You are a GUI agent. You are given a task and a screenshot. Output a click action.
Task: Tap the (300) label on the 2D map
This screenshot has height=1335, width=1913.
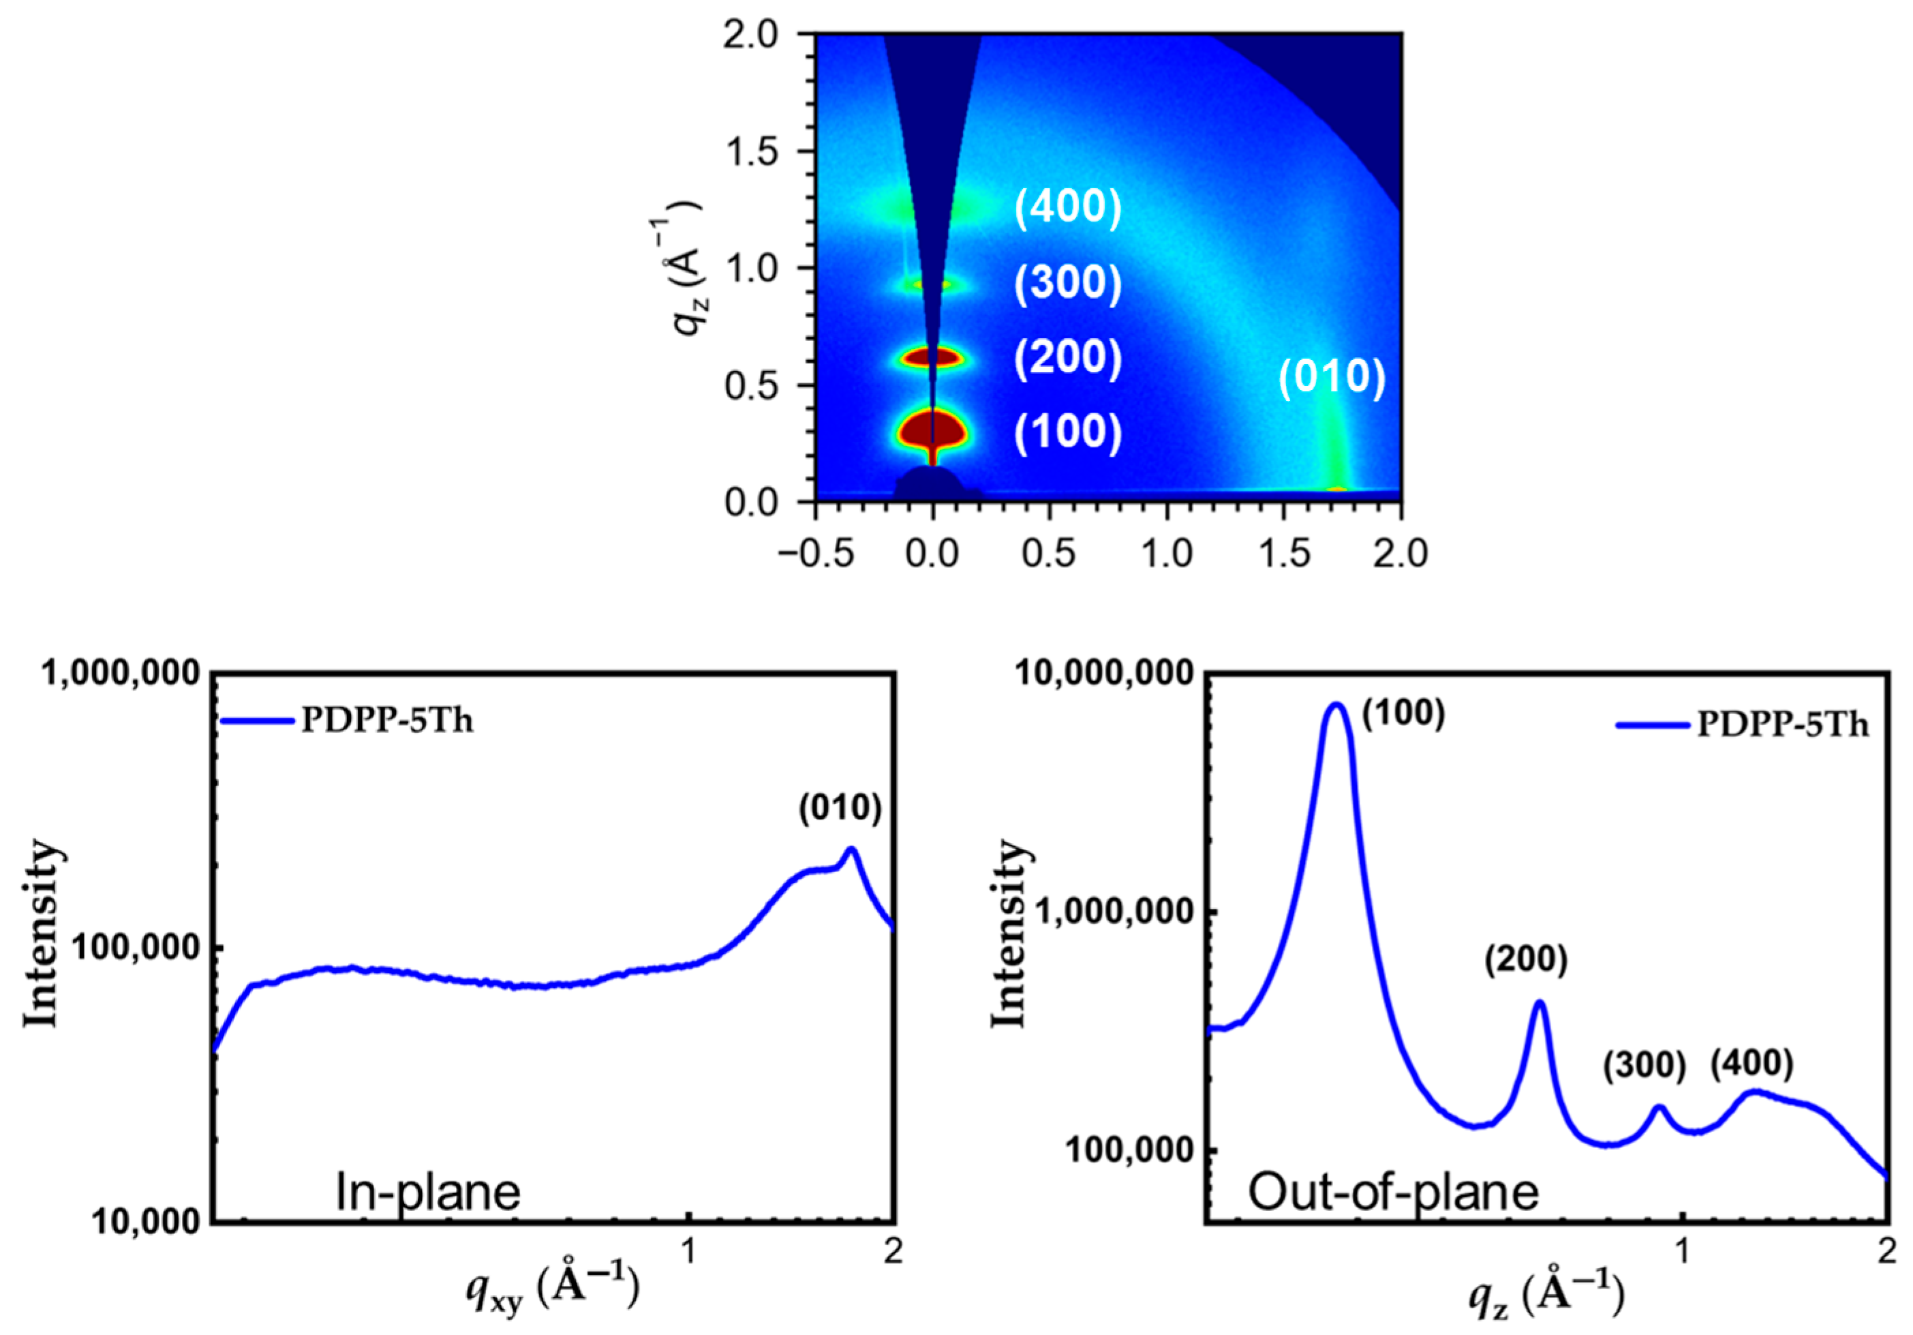pyautogui.click(x=1067, y=284)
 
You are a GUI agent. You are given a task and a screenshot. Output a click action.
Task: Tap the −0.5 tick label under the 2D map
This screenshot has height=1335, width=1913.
pyautogui.click(x=816, y=554)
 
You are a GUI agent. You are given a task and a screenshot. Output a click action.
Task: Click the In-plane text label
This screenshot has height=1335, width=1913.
pyautogui.click(x=427, y=1192)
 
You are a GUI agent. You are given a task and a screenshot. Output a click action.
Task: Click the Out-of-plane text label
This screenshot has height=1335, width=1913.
pyautogui.click(x=1392, y=1192)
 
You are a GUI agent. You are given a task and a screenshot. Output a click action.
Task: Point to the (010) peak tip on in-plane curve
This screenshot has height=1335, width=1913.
pyautogui.click(x=851, y=849)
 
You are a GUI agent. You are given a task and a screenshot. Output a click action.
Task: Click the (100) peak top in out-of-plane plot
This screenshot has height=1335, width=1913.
pyautogui.click(x=1336, y=705)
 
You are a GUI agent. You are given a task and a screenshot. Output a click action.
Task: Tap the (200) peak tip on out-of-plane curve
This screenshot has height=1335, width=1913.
pyautogui.click(x=1540, y=1002)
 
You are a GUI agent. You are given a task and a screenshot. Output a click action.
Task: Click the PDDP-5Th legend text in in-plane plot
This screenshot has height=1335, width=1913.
pyautogui.click(x=386, y=721)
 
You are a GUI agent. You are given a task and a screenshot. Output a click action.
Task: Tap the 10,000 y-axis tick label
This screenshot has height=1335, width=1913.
pyautogui.click(x=147, y=1222)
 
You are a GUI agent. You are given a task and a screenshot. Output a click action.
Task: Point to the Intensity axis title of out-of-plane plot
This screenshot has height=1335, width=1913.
pyautogui.click(x=1009, y=933)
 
